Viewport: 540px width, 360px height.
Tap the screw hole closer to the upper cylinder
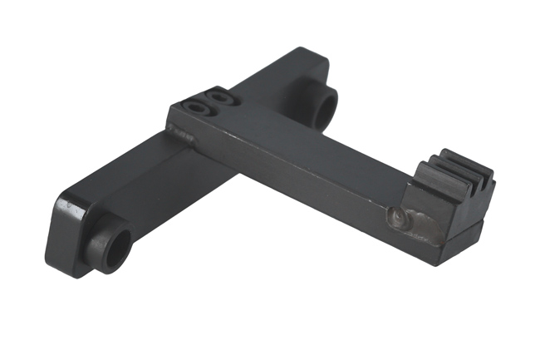click(x=219, y=97)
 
